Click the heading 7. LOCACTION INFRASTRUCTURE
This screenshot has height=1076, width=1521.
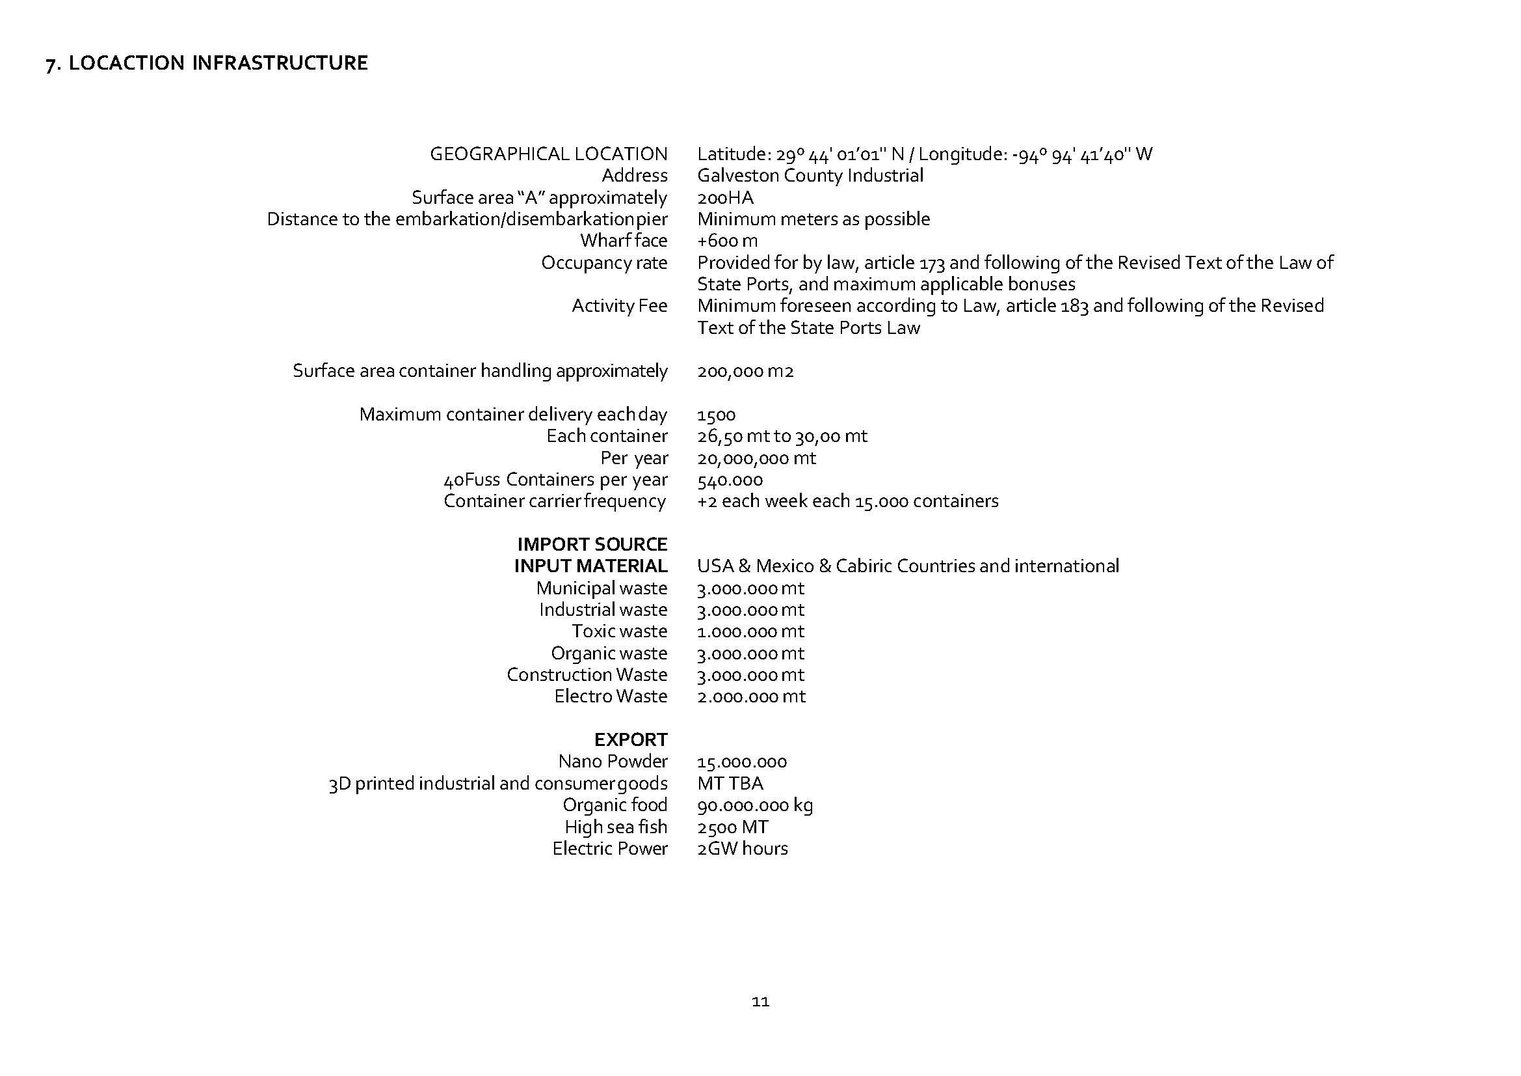pyautogui.click(x=207, y=63)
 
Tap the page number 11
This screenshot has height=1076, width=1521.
pyautogui.click(x=761, y=1001)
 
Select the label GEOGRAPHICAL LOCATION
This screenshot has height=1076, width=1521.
pyautogui.click(x=549, y=154)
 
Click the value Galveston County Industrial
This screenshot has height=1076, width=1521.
pyautogui.click(x=810, y=176)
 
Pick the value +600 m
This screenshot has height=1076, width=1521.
pyautogui.click(x=727, y=241)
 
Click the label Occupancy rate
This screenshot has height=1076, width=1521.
pyautogui.click(x=603, y=262)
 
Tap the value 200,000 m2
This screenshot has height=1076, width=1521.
pyautogui.click(x=745, y=370)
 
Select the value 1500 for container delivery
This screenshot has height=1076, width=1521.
pyautogui.click(x=715, y=415)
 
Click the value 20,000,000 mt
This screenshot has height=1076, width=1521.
pyautogui.click(x=756, y=458)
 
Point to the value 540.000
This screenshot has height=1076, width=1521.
pyautogui.click(x=730, y=480)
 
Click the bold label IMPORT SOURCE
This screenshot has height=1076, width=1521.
pyautogui.click(x=592, y=544)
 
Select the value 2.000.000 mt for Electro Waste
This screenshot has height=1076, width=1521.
pyautogui.click(x=750, y=696)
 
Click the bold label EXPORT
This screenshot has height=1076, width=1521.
pyautogui.click(x=630, y=739)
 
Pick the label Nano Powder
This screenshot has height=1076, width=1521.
pyautogui.click(x=612, y=761)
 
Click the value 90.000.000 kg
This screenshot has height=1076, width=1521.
pyautogui.click(x=754, y=805)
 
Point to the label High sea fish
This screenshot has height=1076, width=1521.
pyautogui.click(x=615, y=827)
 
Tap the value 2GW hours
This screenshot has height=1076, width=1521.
pyautogui.click(x=742, y=849)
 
